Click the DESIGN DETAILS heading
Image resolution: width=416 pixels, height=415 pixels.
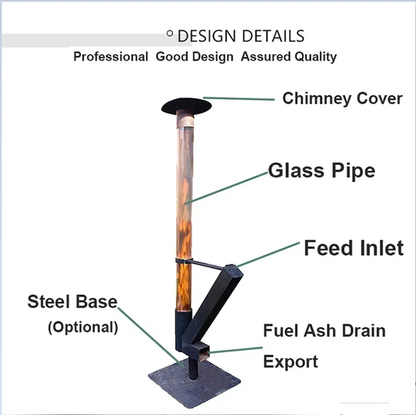(241, 36)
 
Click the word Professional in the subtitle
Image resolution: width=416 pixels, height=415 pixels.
(110, 57)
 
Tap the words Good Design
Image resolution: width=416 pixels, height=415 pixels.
(195, 57)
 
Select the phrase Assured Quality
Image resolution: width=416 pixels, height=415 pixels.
(289, 57)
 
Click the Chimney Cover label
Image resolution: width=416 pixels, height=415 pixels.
(342, 99)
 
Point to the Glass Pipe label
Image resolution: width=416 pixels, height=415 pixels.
(321, 171)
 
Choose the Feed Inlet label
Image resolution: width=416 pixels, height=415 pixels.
(353, 248)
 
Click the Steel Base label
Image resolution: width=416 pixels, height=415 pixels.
(72, 302)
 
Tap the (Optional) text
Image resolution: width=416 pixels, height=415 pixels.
(82, 327)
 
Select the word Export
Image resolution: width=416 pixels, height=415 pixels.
(290, 362)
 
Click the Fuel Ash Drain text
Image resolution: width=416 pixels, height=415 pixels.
(324, 331)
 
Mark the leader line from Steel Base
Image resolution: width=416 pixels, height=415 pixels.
(150, 336)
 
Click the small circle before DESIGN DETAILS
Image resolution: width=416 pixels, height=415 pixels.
(170, 33)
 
